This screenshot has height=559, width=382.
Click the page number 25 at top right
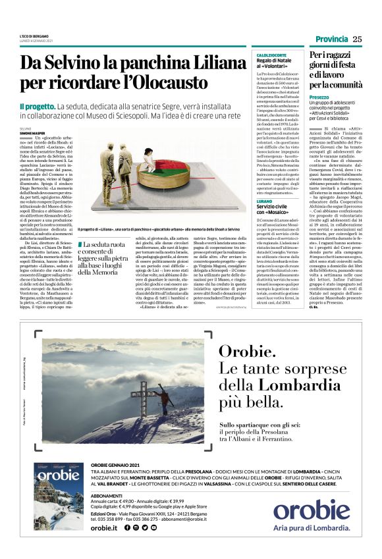(x=358, y=39)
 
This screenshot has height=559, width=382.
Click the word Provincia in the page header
(x=331, y=39)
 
